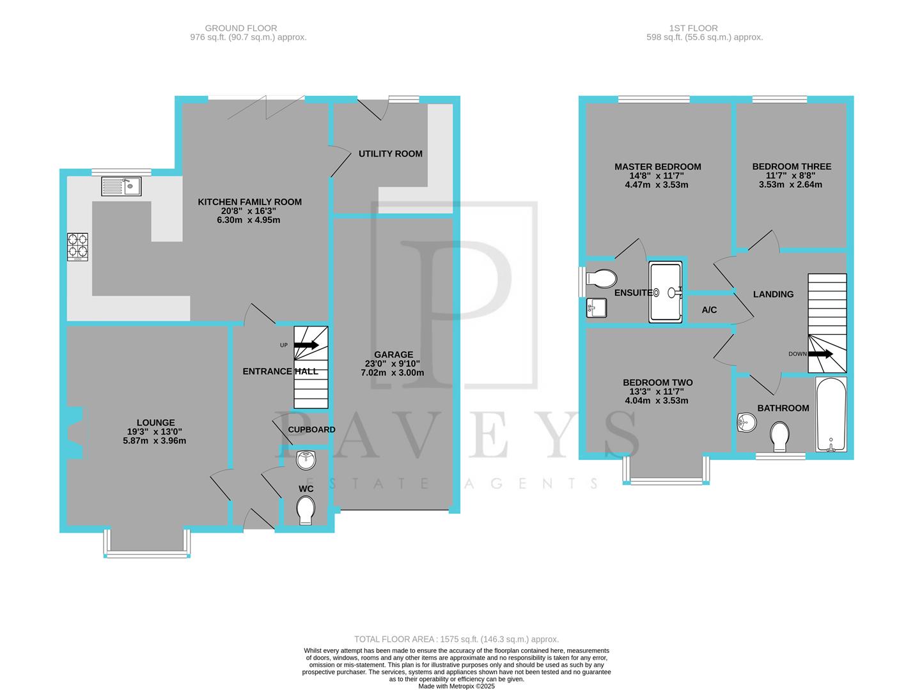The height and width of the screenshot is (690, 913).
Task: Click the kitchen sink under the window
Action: point(121,187)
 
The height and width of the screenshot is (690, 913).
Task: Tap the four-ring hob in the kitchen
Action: point(78,247)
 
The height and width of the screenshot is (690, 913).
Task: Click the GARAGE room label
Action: point(393,355)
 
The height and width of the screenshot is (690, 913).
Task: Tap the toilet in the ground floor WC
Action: point(306,510)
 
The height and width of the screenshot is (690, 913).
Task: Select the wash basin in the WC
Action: point(307,459)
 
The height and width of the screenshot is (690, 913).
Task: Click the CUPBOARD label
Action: point(311,429)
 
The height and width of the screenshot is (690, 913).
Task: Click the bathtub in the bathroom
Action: point(831,414)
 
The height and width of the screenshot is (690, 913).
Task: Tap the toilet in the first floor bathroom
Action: point(779,436)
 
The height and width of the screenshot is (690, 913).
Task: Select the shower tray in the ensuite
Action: point(666,291)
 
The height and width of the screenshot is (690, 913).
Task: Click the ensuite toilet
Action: point(600,279)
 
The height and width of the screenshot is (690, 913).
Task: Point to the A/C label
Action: point(709,310)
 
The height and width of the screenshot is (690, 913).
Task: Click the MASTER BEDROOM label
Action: point(657,167)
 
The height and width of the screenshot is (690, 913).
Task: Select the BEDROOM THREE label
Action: point(792,167)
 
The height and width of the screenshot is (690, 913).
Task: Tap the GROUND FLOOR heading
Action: point(241,28)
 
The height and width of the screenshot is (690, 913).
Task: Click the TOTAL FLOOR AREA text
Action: point(456,639)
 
